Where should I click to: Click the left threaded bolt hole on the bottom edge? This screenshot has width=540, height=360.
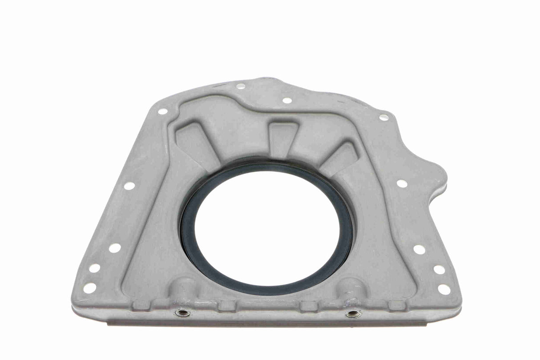(182, 313)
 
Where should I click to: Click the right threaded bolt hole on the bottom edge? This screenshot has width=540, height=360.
(353, 314)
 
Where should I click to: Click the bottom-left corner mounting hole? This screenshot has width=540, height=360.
(89, 288)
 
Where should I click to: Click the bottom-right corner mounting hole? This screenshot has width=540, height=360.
(444, 289)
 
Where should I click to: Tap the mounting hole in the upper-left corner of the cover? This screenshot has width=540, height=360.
(163, 111)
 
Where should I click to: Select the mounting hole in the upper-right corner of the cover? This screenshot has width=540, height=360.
(383, 117)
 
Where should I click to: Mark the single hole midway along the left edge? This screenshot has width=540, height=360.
(129, 186)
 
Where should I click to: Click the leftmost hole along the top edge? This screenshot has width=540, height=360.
(241, 86)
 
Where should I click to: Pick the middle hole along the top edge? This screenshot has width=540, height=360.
(287, 100)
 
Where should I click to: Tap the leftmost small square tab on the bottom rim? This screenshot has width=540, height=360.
(141, 305)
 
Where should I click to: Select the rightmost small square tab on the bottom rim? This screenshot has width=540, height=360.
(396, 305)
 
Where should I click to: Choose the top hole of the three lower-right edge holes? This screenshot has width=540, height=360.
(419, 249)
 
